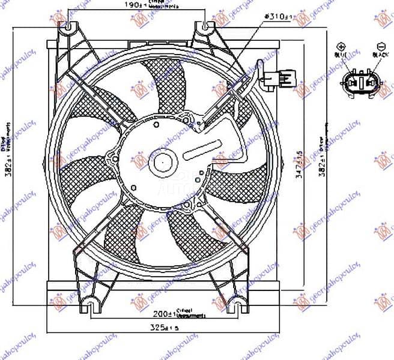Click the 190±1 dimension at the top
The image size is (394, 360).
coord(126,5)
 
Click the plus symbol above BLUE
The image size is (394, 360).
coord(342,46)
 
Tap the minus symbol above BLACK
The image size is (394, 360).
coord(380,46)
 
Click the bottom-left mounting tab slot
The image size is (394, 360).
coord(89,306)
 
